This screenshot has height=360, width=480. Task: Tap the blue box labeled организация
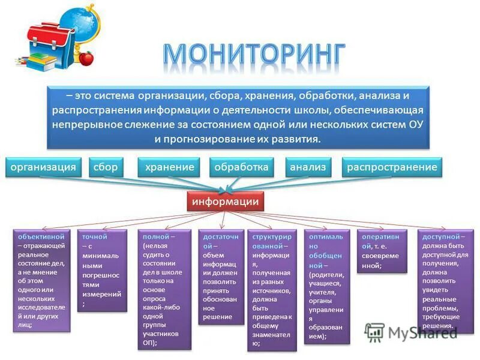(x=44, y=167)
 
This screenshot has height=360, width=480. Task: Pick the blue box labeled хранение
(x=169, y=167)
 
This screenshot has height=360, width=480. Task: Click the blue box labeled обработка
(x=241, y=167)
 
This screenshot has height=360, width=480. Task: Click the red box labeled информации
(x=225, y=202)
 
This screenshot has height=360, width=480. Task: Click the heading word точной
(x=95, y=237)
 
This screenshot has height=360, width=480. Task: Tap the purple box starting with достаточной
(x=221, y=276)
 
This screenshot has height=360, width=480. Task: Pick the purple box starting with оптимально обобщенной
(x=326, y=286)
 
